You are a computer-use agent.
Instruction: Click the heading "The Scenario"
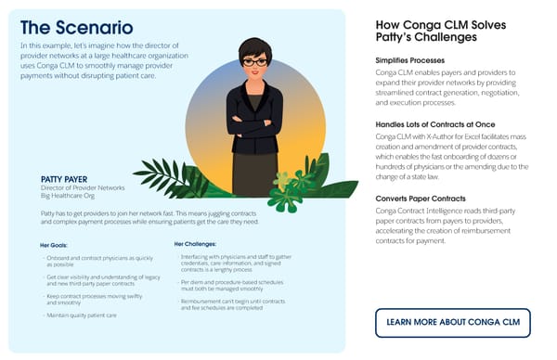(75, 27)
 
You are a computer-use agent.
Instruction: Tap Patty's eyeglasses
(254, 62)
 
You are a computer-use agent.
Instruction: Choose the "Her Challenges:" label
(199, 244)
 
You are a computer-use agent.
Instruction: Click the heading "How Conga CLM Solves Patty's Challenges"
(427, 31)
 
